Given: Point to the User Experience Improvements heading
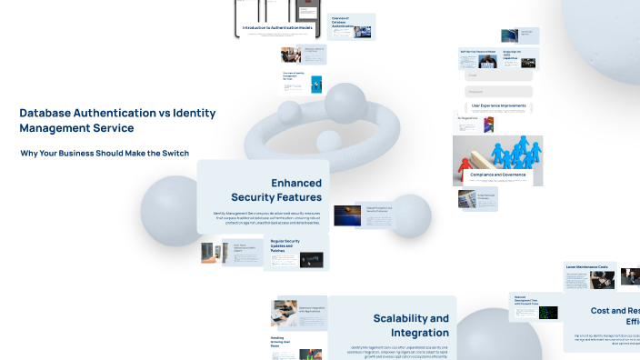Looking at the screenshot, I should click(498, 105).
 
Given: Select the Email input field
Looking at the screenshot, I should click(498, 76).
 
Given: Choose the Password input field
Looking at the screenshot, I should click(498, 91).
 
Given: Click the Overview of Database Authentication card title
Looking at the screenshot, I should click(341, 22).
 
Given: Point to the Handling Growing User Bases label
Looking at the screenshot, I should click(283, 341).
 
